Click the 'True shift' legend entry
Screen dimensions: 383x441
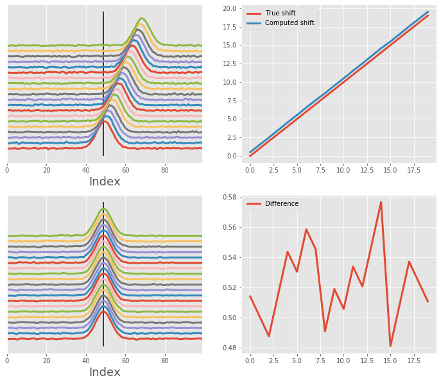pyautogui.click(x=280, y=13)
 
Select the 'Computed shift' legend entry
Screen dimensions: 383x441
pyautogui.click(x=290, y=23)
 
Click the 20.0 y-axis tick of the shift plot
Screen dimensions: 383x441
pyautogui.click(x=229, y=8)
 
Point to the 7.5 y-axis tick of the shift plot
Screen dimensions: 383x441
pyautogui.click(x=231, y=97)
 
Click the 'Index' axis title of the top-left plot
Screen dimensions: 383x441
pyautogui.click(x=105, y=182)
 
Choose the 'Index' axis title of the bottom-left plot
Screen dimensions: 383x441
pyautogui.click(x=105, y=373)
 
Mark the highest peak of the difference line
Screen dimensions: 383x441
pyautogui.click(x=381, y=202)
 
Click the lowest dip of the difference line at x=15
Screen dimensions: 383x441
pyautogui.click(x=390, y=346)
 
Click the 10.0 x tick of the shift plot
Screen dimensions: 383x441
pyautogui.click(x=343, y=170)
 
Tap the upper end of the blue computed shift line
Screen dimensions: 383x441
pyautogui.click(x=428, y=12)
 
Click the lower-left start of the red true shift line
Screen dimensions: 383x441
pyautogui.click(x=250, y=156)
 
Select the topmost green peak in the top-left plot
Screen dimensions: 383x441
pyautogui.click(x=141, y=19)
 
